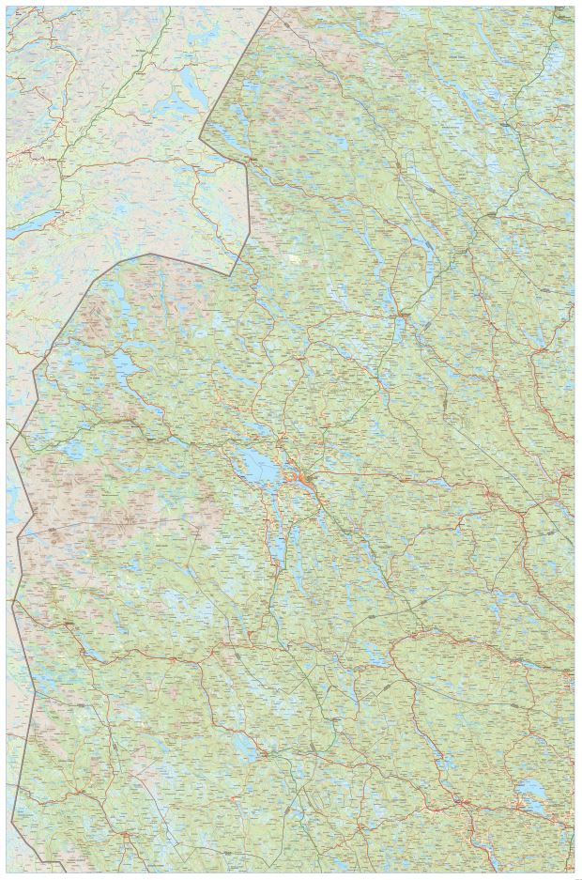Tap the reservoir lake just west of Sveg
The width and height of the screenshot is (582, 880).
tap(241, 748)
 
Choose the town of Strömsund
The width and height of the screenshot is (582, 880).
tap(401, 314)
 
